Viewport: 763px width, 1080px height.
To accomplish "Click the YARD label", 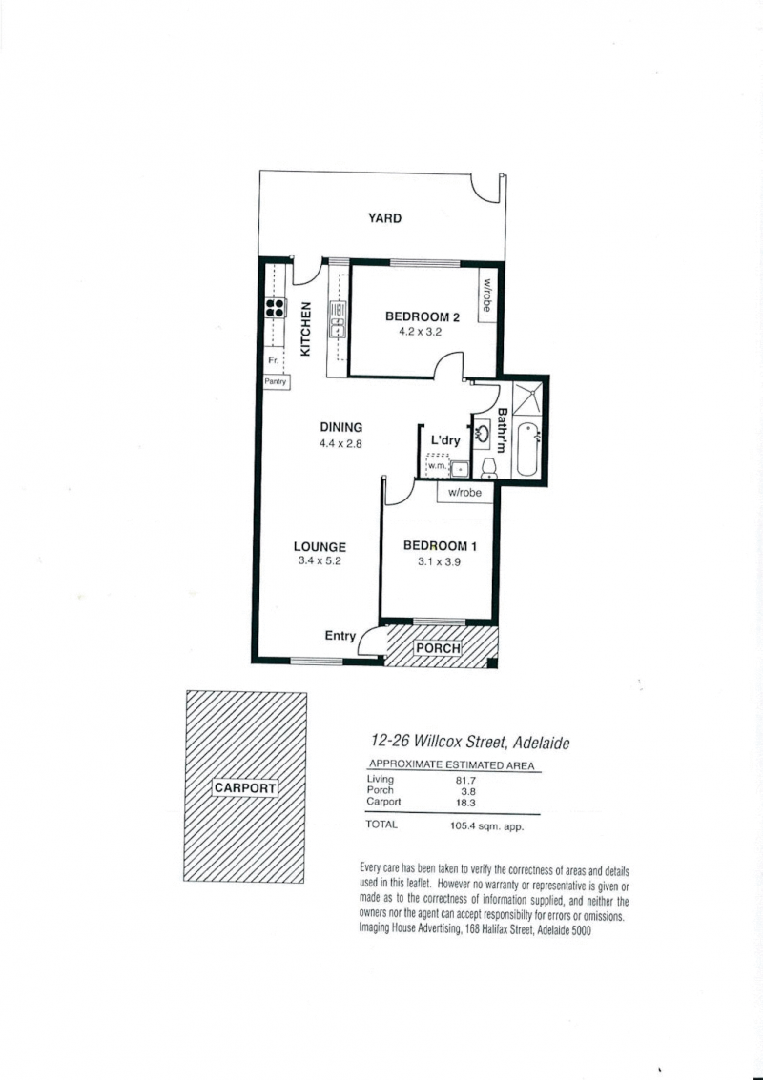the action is [x=384, y=218].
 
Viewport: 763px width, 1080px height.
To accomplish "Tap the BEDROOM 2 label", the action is [x=423, y=316].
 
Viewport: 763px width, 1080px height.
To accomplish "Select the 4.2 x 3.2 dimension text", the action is [x=419, y=332].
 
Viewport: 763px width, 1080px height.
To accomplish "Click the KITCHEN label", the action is [x=305, y=329].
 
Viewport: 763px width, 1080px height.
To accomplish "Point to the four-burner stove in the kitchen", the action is [x=276, y=307].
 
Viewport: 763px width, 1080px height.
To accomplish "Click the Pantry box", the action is [x=276, y=381].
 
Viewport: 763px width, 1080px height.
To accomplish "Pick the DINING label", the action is [x=341, y=428].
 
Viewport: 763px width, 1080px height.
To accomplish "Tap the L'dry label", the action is [x=445, y=440].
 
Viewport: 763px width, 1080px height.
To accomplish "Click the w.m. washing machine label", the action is [x=436, y=467].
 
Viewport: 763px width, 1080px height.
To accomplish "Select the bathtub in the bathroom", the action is [x=526, y=450].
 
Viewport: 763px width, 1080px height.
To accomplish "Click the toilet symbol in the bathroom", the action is [x=489, y=468].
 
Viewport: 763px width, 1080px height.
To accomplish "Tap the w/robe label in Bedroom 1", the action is [x=464, y=493].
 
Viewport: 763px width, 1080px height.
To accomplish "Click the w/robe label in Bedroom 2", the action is [x=486, y=295].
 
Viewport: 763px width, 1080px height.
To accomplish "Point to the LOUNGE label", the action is [x=320, y=547].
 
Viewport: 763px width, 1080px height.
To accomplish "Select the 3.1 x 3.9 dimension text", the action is [x=439, y=561].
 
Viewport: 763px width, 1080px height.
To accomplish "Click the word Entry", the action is [x=340, y=636].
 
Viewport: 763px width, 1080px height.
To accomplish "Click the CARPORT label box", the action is [x=245, y=788].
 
